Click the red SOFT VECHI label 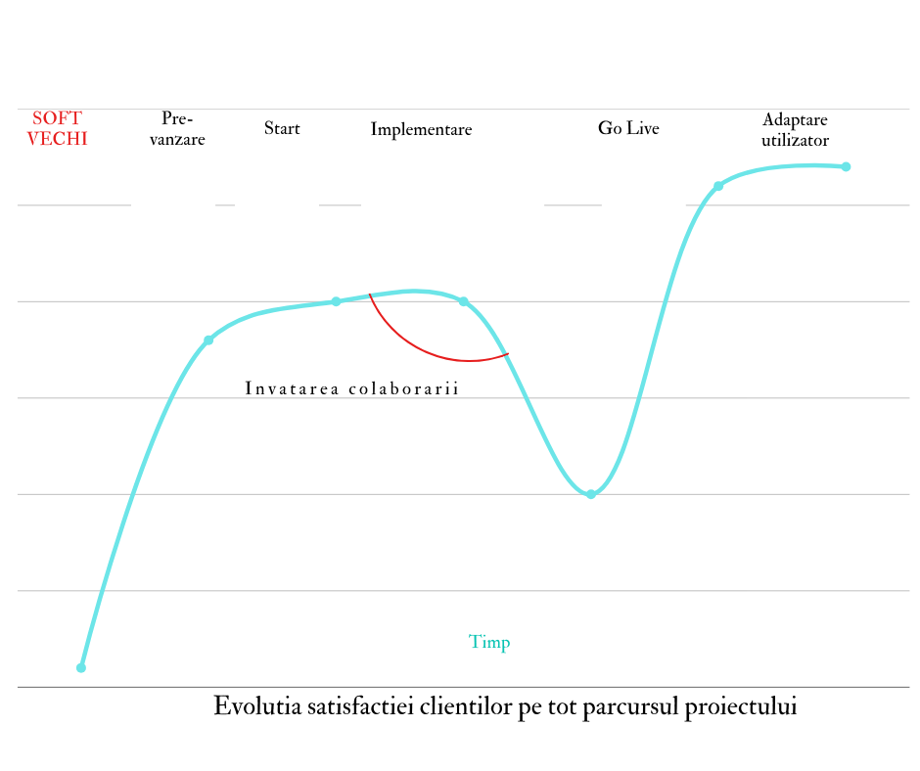click(58, 129)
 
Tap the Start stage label click(282, 129)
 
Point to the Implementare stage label click(421, 130)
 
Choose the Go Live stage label click(628, 129)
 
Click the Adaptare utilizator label click(795, 130)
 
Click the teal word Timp click(489, 643)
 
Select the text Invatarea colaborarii click(352, 388)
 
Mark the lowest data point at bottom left click(81, 668)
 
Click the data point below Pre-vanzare click(208, 340)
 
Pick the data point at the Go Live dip click(591, 494)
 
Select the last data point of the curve click(846, 166)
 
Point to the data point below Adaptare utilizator click(718, 186)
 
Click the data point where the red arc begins click(336, 301)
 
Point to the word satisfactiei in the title click(358, 706)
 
